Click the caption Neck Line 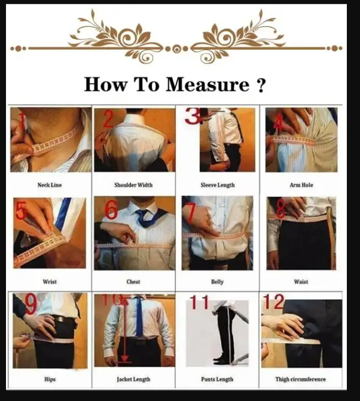coord(50,185)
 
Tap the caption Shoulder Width coord(134,185)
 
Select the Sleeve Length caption coord(217,185)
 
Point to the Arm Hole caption coord(301,185)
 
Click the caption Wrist coord(50,282)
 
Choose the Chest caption coord(134,282)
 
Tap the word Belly coord(217,282)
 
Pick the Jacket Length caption coord(134,379)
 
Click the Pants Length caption coord(217,379)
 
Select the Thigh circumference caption coord(301,379)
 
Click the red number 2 coord(108,120)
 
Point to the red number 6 coord(111,211)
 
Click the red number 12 coord(273,302)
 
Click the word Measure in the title coord(207,84)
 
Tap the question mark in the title coord(260,85)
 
